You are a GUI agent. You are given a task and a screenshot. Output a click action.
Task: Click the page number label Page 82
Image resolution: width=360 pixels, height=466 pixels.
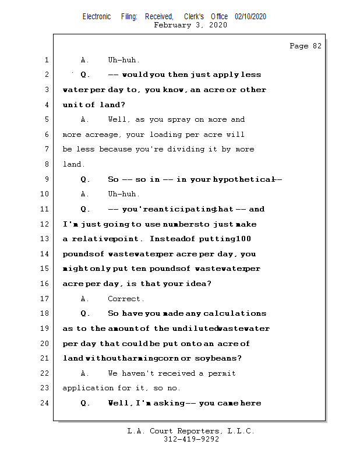(305, 46)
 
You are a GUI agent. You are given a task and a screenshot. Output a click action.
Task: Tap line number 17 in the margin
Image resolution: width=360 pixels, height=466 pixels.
(45, 299)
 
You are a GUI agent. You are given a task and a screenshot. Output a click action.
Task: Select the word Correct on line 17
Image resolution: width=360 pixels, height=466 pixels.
(125, 299)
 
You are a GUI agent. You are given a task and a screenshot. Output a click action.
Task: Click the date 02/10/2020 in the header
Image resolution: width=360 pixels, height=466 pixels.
(250, 17)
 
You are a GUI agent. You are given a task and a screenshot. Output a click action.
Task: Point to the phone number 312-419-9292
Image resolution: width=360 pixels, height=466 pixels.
(191, 439)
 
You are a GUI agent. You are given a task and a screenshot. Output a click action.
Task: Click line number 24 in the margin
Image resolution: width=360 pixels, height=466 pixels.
(45, 403)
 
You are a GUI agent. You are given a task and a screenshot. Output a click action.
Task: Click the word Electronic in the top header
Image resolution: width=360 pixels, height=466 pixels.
(97, 17)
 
